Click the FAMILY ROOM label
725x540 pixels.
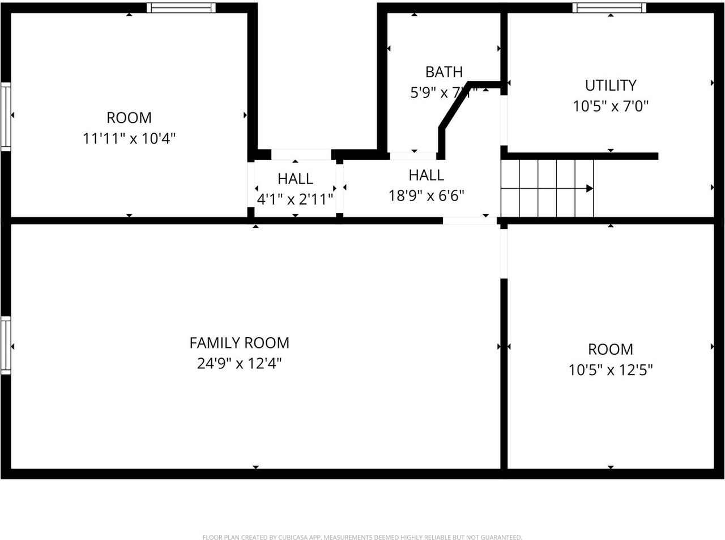tap(239, 343)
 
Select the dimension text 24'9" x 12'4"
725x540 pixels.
tap(239, 363)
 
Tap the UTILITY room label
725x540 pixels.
tap(610, 86)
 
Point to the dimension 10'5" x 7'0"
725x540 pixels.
tap(610, 106)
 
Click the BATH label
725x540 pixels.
tap(443, 72)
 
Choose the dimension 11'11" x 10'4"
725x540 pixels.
tap(129, 138)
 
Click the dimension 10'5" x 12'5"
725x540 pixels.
tap(610, 370)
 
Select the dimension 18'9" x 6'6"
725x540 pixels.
tap(426, 195)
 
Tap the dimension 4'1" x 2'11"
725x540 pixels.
tap(295, 199)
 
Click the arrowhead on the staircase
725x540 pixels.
tap(589, 188)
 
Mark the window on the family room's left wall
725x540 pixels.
tap(6, 345)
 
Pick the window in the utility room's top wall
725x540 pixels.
tap(609, 8)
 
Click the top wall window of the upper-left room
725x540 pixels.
tap(181, 8)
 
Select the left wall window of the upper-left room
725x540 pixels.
tap(6, 116)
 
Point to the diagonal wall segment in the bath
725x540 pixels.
tap(455, 108)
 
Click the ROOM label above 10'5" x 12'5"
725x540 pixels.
tap(610, 349)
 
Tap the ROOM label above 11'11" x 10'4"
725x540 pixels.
tap(129, 118)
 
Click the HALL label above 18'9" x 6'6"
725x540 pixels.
tap(426, 175)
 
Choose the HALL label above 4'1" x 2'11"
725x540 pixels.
tap(295, 178)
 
